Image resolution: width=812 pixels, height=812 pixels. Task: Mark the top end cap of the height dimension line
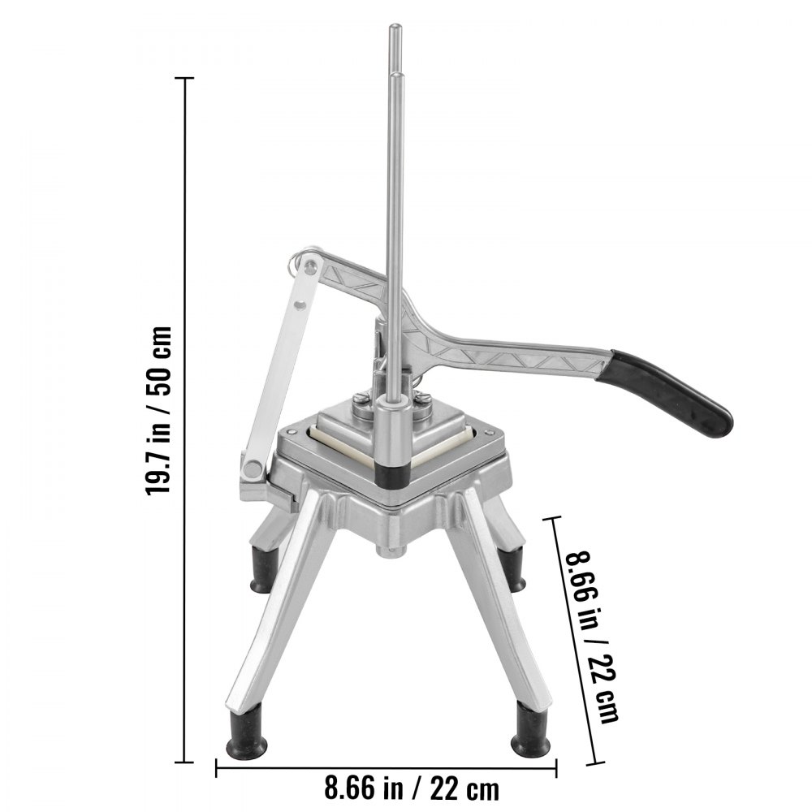coord(186,79)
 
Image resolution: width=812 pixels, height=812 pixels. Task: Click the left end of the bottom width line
coord(216,760)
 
